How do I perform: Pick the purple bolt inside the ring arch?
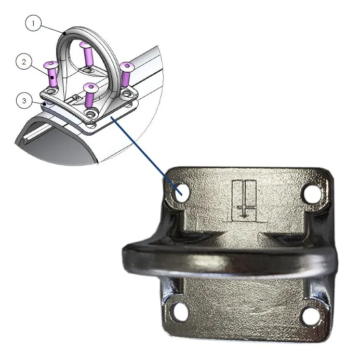tap(87, 55)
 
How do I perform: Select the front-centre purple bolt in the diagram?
tap(91, 95)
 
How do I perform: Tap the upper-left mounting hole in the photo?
tap(182, 192)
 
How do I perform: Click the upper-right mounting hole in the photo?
tap(313, 194)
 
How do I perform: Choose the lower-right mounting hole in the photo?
tap(311, 314)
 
